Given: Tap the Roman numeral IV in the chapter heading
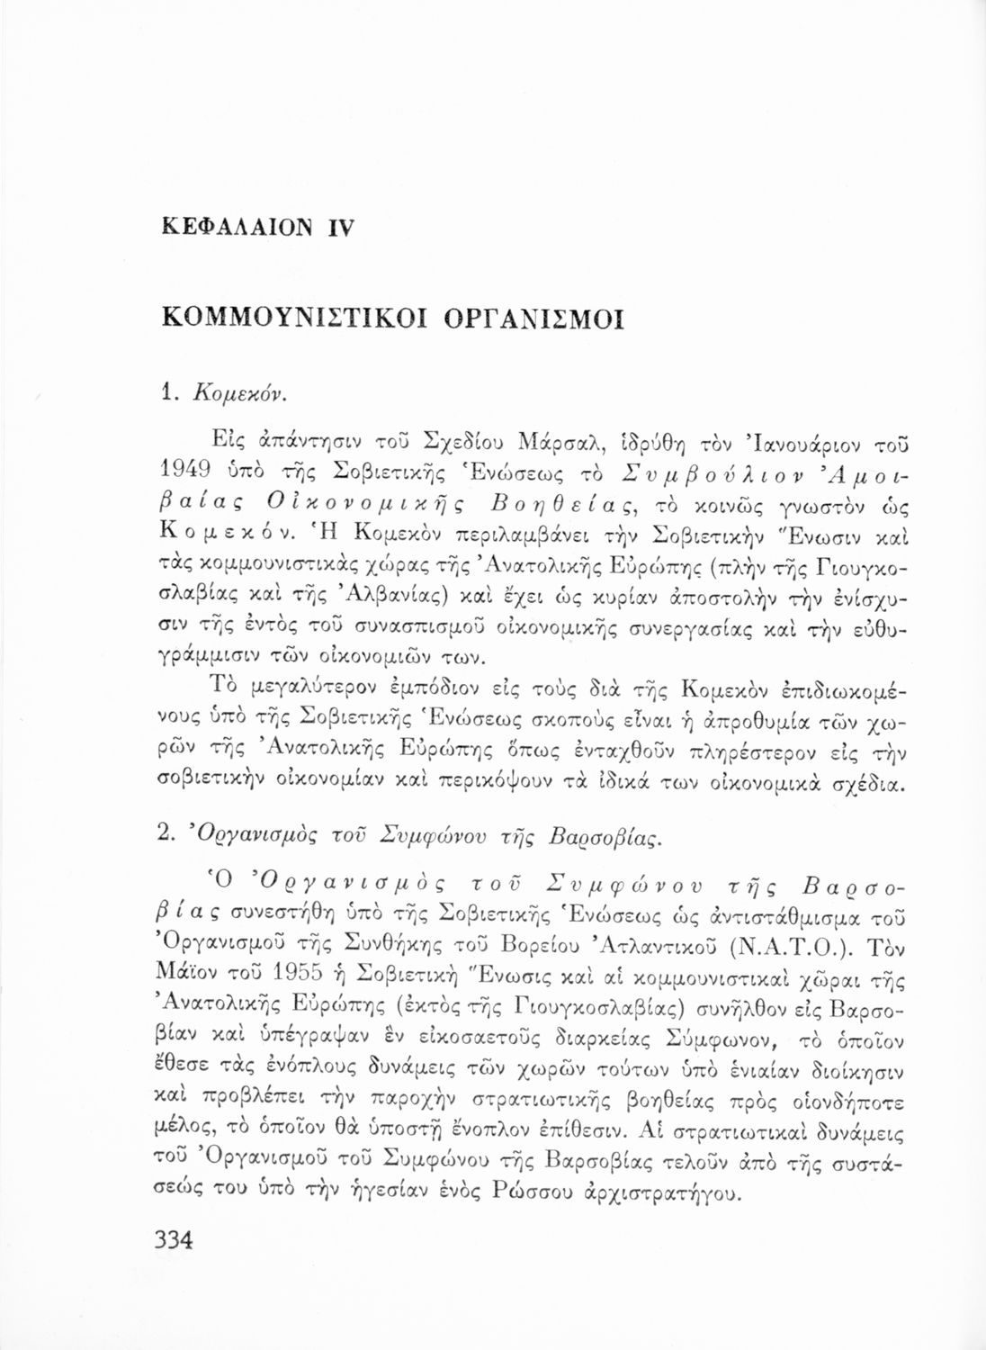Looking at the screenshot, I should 343,229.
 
